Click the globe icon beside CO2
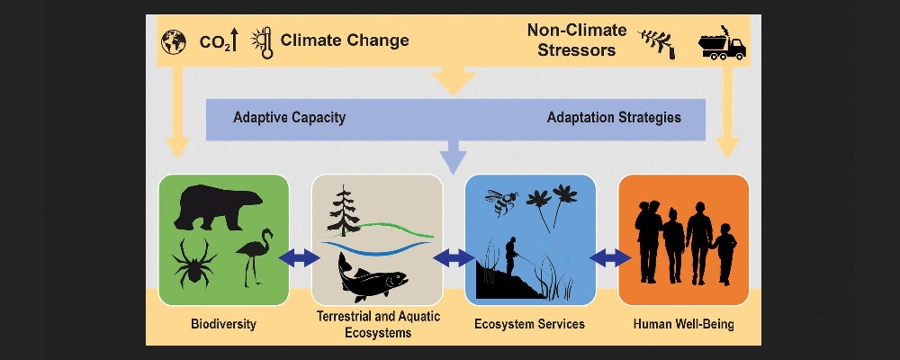click(x=174, y=42)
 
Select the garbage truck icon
click(x=722, y=43)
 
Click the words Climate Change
click(x=345, y=40)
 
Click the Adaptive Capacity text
click(x=289, y=118)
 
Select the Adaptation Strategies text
click(x=614, y=118)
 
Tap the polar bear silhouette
click(x=218, y=207)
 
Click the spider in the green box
click(x=194, y=263)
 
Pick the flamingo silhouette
click(x=254, y=256)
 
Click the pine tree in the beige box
click(x=344, y=211)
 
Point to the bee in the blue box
click(x=501, y=202)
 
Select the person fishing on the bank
click(x=511, y=256)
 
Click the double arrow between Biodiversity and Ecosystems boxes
click(x=299, y=257)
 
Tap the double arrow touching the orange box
click(x=610, y=257)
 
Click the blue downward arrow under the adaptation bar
click(x=453, y=157)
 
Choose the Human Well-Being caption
click(x=684, y=324)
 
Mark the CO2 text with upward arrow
click(x=218, y=42)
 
